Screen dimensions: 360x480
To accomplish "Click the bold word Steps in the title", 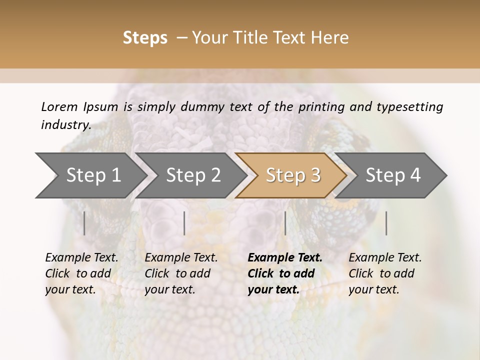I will point(145,38).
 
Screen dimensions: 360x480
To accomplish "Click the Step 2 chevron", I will point(193,175).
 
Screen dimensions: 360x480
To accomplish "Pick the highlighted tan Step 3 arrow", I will point(292,175).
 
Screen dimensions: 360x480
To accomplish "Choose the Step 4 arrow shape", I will point(393,175).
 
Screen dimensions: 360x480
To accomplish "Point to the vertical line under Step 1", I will point(84,223).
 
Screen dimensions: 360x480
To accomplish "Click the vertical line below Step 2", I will point(184,223).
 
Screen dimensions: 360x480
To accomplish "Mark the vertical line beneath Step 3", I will point(285,223).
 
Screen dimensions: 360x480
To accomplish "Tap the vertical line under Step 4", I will point(386,223).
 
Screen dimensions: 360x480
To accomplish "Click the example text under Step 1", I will point(81,273).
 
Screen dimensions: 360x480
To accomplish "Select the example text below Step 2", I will point(181,273).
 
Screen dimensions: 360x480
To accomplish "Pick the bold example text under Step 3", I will point(285,273).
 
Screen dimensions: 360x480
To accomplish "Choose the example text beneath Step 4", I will point(385,273).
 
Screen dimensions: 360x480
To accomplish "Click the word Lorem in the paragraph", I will point(59,107).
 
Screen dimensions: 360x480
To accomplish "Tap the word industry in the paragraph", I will point(65,125).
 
